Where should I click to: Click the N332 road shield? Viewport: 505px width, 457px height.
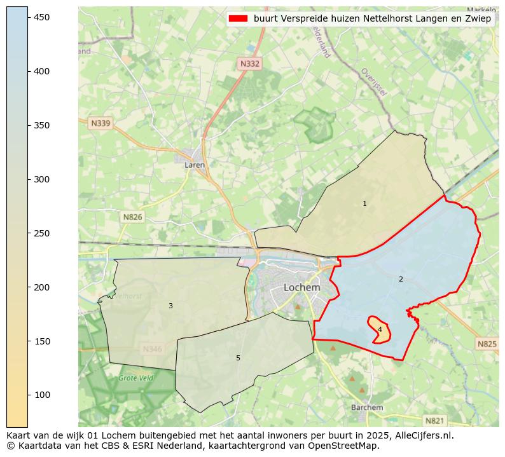[x=250, y=64]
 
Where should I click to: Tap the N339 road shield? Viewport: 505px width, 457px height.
[x=100, y=123]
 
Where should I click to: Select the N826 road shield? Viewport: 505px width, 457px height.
[x=132, y=217]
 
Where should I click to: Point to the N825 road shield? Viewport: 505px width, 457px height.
[x=487, y=344]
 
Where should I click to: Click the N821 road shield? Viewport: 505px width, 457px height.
[x=435, y=420]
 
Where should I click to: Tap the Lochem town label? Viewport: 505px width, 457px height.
[x=301, y=287]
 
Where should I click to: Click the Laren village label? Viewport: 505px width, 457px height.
[x=194, y=165]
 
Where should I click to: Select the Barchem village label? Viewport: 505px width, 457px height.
[x=367, y=407]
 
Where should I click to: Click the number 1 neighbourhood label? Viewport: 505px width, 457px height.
[x=364, y=204]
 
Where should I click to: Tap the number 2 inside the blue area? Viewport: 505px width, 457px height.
[x=401, y=279]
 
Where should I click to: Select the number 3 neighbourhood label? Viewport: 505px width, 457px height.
[x=170, y=306]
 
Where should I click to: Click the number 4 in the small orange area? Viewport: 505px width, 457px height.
[x=380, y=329]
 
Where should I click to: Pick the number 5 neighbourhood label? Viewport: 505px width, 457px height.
[x=238, y=358]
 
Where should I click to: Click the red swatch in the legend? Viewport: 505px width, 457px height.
[x=239, y=19]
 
